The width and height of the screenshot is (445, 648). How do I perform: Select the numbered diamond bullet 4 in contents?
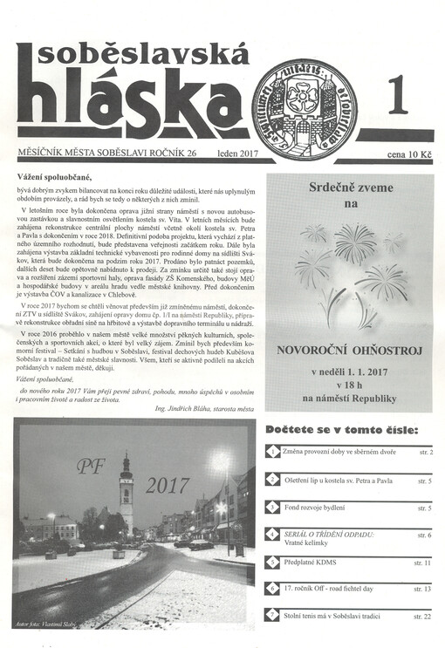(273, 532)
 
